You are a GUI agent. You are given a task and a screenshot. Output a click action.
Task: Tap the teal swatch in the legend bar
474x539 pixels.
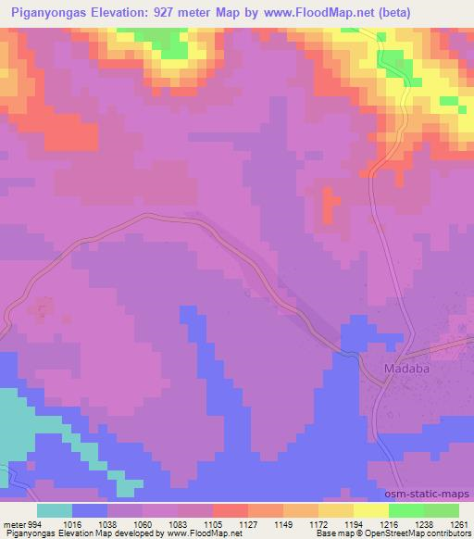(x=55, y=511)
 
